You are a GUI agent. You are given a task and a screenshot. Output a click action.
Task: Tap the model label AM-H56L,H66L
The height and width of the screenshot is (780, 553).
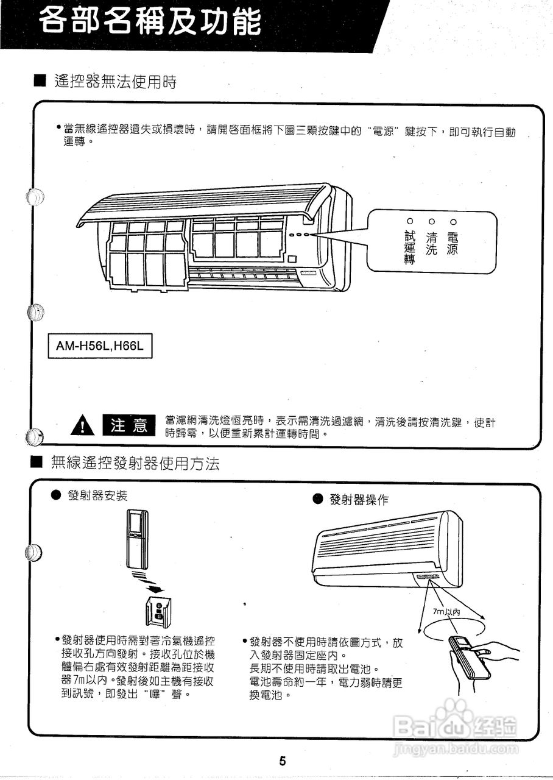(x=100, y=346)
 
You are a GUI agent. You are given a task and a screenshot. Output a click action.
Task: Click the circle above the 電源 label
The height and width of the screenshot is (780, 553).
(x=452, y=221)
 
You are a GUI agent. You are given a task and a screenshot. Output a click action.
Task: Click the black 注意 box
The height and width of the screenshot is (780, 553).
(x=129, y=425)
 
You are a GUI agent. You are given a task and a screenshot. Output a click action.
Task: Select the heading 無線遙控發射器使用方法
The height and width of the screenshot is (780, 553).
(x=136, y=464)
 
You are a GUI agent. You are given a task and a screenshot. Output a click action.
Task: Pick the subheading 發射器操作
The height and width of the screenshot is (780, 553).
(x=358, y=500)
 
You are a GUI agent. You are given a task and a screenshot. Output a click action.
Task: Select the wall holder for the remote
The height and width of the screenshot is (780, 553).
(x=159, y=612)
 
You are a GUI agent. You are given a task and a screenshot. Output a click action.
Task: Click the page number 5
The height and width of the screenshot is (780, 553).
(x=283, y=760)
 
